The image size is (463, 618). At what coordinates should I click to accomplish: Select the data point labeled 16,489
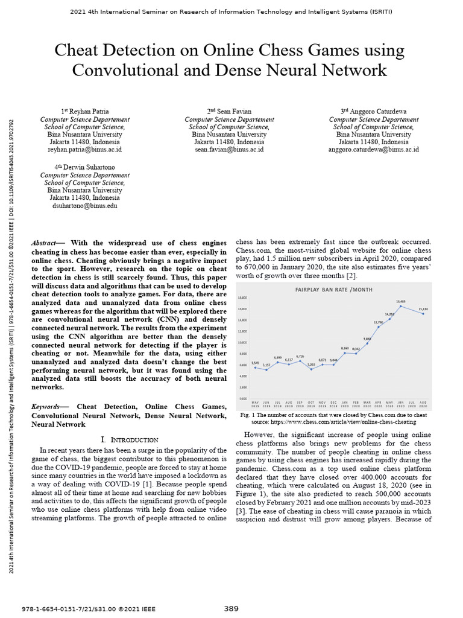coord(400,306)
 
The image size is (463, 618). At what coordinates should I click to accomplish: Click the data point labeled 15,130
coord(424,313)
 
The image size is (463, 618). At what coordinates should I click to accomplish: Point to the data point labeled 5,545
coord(255,368)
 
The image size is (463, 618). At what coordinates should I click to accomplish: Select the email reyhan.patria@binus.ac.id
coord(84,149)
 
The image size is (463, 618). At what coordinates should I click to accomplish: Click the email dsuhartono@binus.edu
coord(84,205)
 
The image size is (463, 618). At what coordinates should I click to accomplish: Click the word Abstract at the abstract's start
coord(45,243)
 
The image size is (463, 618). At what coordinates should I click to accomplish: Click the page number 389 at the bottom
coord(231,608)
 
